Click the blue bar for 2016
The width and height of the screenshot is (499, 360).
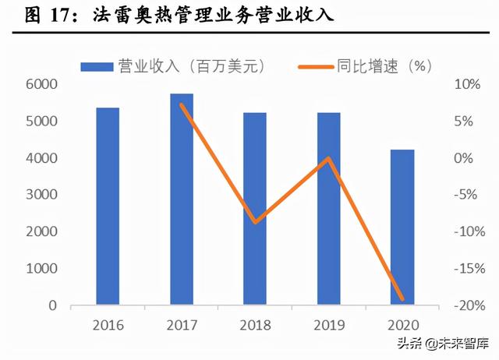[x=108, y=206]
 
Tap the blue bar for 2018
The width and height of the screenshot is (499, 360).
[x=255, y=209]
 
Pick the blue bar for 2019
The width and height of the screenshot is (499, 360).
[x=328, y=209]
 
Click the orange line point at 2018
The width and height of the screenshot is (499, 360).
[x=255, y=222]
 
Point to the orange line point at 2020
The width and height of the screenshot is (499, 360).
[x=402, y=298]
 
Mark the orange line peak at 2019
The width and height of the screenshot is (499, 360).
[x=328, y=158]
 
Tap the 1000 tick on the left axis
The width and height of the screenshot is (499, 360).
[x=41, y=269]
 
